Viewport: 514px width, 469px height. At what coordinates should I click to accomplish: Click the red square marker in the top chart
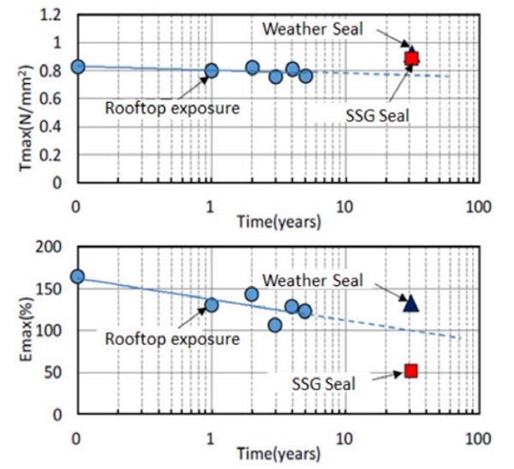pyautogui.click(x=411, y=58)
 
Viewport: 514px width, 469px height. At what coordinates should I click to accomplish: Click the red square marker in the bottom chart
pyautogui.click(x=411, y=371)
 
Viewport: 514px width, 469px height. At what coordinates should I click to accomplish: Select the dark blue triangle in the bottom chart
pyautogui.click(x=410, y=303)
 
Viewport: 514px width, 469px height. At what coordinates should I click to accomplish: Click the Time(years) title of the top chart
pyautogui.click(x=280, y=221)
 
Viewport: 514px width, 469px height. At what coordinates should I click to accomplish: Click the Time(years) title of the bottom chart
pyautogui.click(x=280, y=453)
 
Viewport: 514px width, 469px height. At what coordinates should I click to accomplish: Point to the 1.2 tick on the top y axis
pyautogui.click(x=55, y=15)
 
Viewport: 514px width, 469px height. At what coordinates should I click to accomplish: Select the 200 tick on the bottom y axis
pyautogui.click(x=52, y=247)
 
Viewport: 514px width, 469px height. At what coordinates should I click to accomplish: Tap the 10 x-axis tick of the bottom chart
pyautogui.click(x=344, y=436)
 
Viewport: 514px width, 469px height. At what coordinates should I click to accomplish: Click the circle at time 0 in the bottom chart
pyautogui.click(x=77, y=276)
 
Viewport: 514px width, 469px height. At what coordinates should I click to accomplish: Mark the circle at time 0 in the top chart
pyautogui.click(x=77, y=67)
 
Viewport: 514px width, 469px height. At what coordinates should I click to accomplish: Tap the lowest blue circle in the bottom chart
pyautogui.click(x=274, y=325)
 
